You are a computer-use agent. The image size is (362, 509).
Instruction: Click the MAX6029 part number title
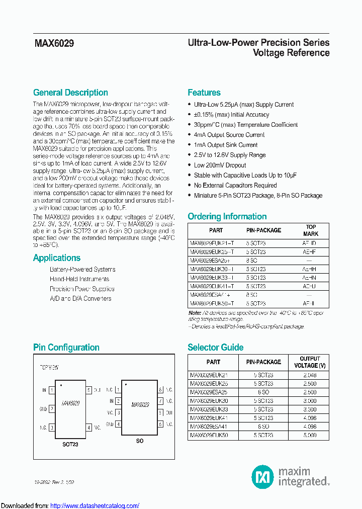coord(54,44)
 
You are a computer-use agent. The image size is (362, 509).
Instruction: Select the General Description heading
coord(70,93)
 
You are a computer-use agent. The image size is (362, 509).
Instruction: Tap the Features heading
coord(204,93)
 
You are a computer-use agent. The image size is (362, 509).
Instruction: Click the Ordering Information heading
coord(227,216)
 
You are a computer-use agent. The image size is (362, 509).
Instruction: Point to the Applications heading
coord(56,258)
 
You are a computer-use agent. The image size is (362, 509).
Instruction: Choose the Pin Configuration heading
coord(66,347)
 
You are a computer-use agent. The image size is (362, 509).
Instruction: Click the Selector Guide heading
coord(215,347)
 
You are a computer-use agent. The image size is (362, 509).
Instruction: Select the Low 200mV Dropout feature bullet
coord(220,165)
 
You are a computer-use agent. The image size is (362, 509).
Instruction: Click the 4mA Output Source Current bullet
coord(229,135)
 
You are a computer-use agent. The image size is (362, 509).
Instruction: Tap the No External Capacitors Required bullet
coord(235,185)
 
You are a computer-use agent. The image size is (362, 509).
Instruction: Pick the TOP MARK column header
coord(311,230)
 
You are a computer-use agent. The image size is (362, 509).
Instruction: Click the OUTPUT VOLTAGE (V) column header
coord(310,362)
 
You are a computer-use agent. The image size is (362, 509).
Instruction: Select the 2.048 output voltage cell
coord(310,375)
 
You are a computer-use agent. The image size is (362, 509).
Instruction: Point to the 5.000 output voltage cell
coord(310,435)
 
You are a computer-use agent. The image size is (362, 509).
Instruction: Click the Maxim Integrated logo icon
coord(262,476)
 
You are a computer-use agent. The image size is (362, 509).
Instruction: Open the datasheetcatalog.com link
coord(95,505)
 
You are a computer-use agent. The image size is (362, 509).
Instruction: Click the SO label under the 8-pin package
coord(140,441)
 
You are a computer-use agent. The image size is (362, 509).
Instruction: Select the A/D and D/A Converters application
coord(80,298)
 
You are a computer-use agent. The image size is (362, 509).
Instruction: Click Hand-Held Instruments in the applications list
coord(79,279)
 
